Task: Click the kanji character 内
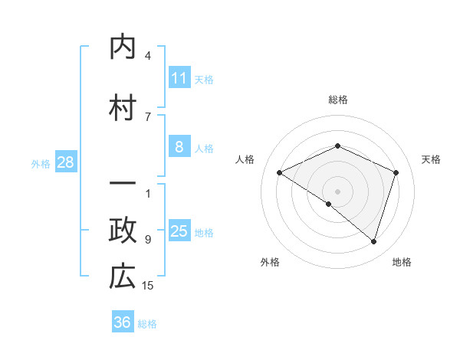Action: pos(123,47)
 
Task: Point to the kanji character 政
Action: pos(123,231)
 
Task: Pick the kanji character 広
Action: pos(123,277)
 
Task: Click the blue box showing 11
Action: pos(179,78)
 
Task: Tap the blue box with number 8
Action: pos(179,148)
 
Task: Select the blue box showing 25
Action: pos(179,232)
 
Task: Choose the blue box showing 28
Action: pos(65,162)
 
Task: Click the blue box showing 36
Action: pos(123,322)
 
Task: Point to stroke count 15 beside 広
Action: pos(148,286)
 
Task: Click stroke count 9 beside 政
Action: pos(148,240)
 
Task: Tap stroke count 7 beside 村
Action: pos(148,117)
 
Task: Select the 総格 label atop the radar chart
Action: pos(338,100)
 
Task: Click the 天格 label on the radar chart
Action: pos(431,159)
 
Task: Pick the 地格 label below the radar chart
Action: pos(402,263)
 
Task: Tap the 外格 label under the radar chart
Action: pos(270,263)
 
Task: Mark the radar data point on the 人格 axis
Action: pos(280,173)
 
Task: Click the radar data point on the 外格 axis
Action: pos(329,204)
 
